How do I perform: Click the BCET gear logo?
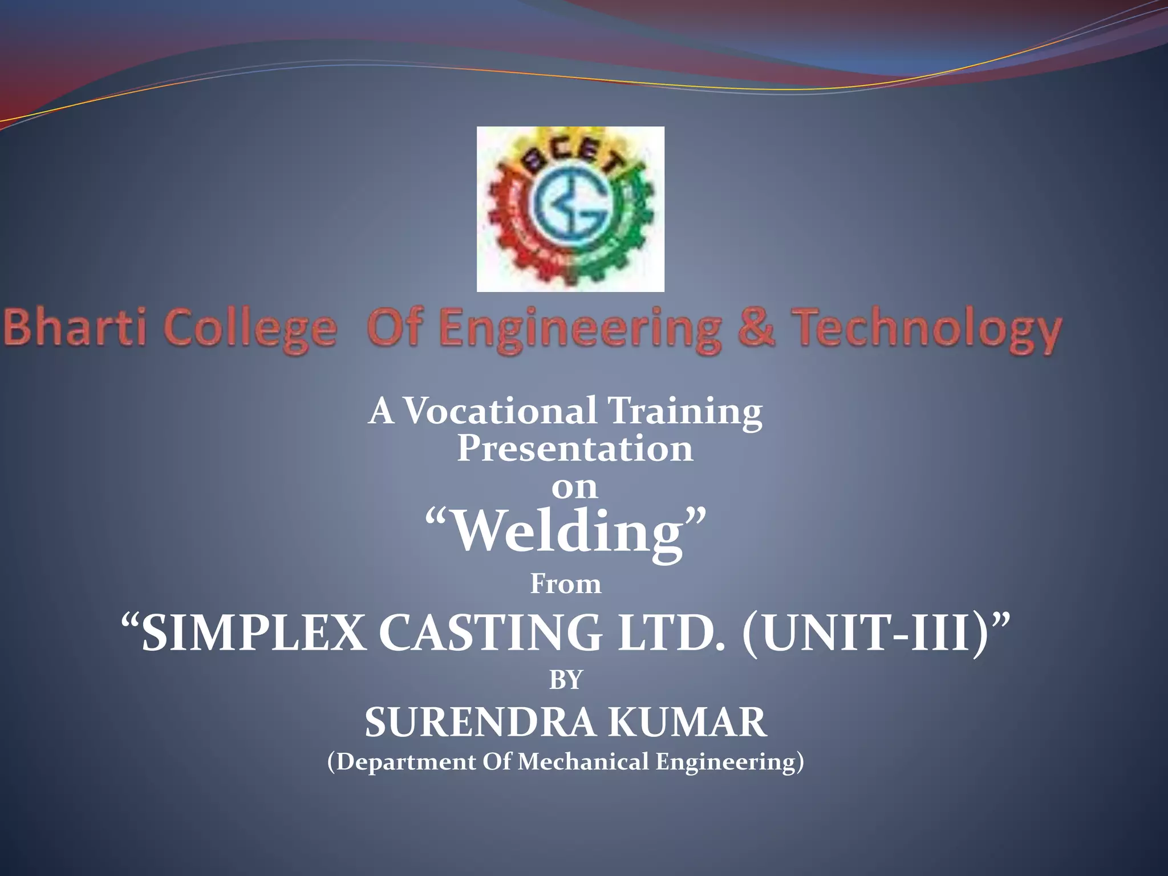(x=570, y=209)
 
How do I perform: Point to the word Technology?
(x=928, y=330)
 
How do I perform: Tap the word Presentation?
(x=575, y=448)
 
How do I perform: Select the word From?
(x=566, y=584)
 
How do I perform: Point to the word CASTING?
(x=490, y=633)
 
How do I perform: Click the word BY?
(x=566, y=680)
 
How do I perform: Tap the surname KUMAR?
(x=687, y=723)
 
